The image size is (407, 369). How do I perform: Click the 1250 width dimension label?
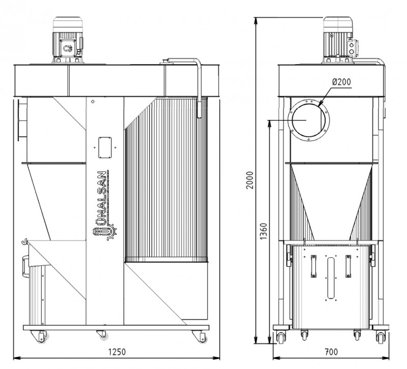117,352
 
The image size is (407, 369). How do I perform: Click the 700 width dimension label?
332,352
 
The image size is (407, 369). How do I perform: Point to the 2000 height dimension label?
250,180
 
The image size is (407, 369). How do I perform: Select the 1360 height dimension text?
263,231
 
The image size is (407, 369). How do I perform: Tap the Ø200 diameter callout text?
341,82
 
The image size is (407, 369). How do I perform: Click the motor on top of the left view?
68,40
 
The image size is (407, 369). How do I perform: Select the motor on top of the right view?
339,40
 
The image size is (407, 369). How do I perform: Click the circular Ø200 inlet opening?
309,120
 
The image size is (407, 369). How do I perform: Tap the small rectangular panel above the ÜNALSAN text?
105,147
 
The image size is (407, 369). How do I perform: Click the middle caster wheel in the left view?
104,336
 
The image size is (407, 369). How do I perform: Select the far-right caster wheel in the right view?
381,338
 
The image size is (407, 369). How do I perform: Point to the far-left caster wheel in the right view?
281,338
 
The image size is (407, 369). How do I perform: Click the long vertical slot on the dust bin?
331,278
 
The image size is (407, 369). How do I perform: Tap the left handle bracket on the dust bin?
314,266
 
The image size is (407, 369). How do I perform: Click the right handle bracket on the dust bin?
348,266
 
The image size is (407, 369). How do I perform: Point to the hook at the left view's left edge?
24,241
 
